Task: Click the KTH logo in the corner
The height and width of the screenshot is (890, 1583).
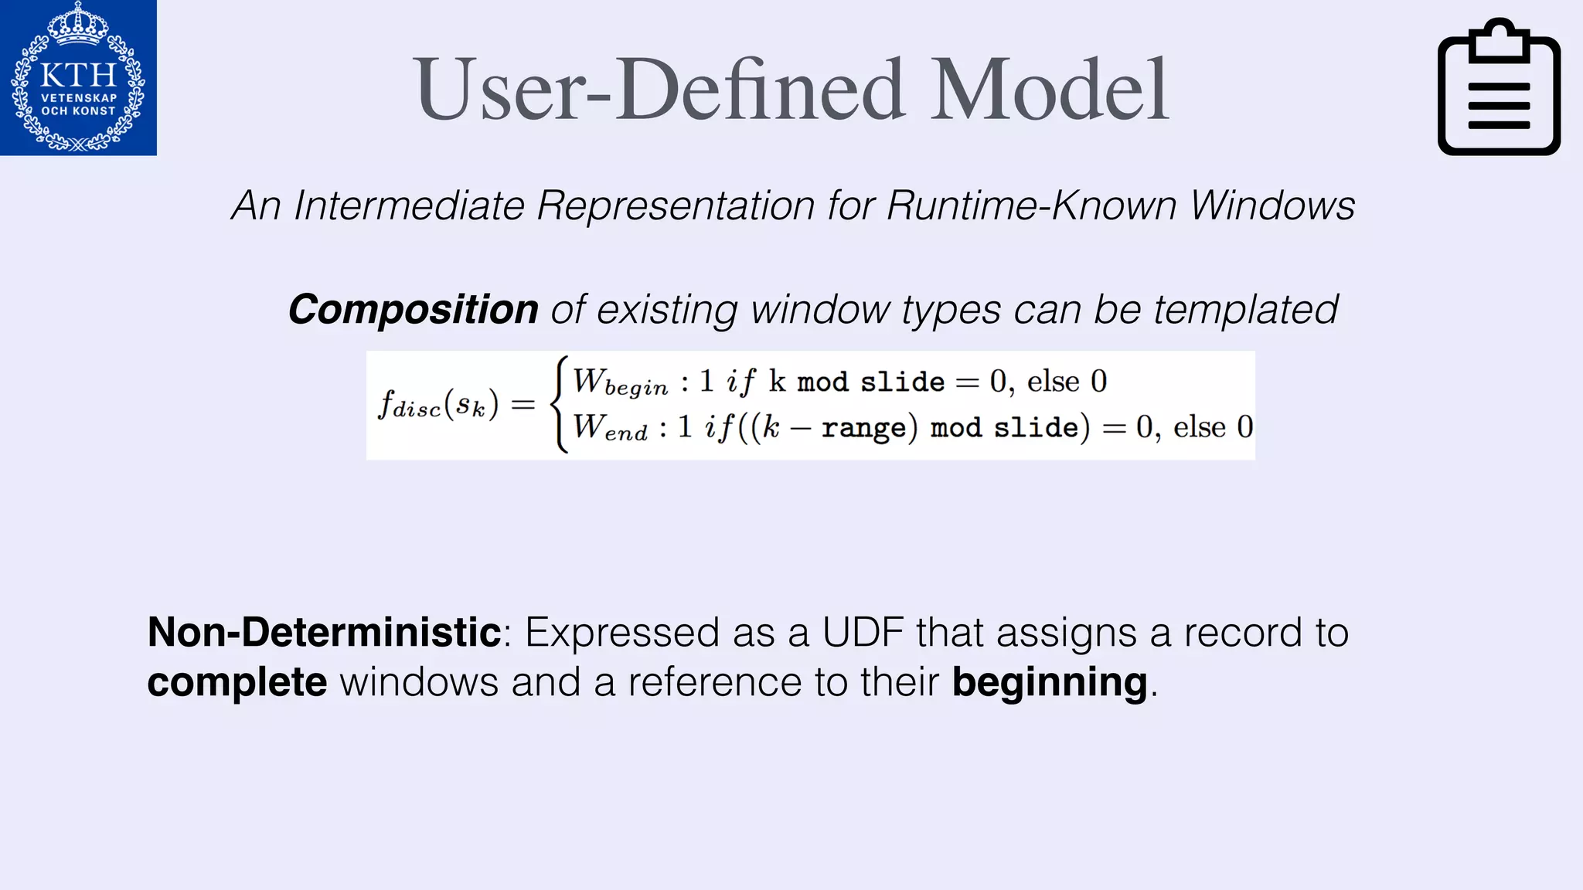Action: coord(78,78)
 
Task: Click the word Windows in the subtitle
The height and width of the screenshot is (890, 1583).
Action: coord(1272,206)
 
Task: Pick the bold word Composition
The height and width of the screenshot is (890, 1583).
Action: coord(414,310)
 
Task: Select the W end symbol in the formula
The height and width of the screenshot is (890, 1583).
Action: coord(610,427)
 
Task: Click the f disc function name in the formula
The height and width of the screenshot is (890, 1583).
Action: coord(410,404)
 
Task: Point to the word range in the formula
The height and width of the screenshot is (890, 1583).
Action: coord(863,428)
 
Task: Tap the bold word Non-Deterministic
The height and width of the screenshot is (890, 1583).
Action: coord(325,632)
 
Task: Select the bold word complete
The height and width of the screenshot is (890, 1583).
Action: coord(237,682)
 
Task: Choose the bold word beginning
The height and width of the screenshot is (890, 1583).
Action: coord(1049,682)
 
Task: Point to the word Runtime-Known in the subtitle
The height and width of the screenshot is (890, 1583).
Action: coord(1030,206)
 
